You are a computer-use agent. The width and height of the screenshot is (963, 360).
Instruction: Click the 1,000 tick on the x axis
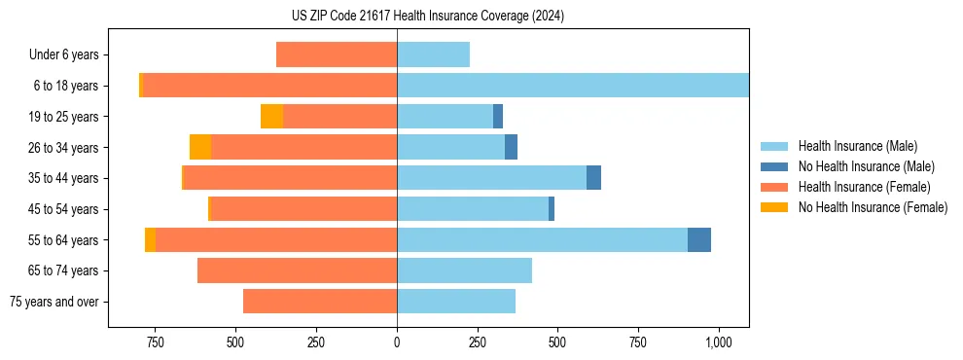tap(718, 342)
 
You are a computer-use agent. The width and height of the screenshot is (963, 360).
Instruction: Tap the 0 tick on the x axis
tap(397, 342)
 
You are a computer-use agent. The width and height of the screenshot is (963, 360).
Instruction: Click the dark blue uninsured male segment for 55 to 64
tap(698, 240)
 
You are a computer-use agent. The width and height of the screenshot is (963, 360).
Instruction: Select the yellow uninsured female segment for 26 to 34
tap(200, 147)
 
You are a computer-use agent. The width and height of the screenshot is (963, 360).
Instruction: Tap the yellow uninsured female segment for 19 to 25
tap(271, 116)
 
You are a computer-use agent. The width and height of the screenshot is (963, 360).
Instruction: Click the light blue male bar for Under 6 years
tap(433, 54)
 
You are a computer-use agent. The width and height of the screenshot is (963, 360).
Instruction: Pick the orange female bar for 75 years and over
tap(320, 302)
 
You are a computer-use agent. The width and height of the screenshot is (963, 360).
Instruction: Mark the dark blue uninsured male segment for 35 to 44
tap(593, 178)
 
